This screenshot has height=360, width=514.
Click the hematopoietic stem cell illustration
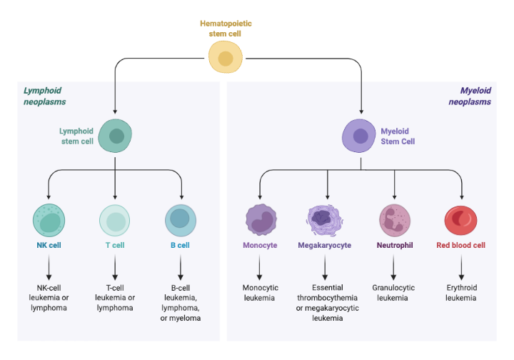click(225, 58)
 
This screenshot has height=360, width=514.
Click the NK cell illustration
click(49, 220)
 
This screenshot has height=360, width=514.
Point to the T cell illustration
click(115, 220)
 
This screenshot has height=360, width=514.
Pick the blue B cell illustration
click(181, 220)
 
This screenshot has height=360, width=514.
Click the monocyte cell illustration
click(261, 220)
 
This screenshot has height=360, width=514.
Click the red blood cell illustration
click(461, 220)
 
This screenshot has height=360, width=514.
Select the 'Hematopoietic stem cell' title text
click(226, 29)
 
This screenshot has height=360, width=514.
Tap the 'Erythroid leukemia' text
click(460, 292)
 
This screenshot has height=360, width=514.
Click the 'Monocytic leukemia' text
click(261, 292)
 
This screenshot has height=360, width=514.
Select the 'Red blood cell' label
click(460, 245)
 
